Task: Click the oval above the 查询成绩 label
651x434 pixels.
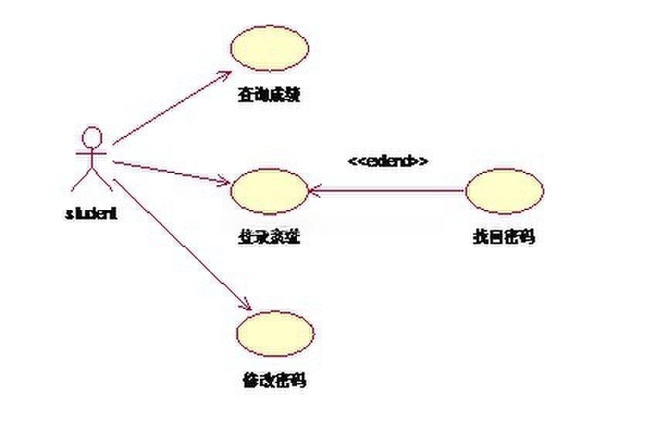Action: (270, 47)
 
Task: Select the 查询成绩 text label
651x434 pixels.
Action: (268, 95)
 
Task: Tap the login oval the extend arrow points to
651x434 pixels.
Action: (269, 191)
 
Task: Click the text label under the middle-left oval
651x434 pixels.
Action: (268, 238)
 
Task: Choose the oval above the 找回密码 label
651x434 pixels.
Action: (505, 190)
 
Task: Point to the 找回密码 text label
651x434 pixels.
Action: (503, 238)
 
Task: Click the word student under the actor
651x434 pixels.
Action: (91, 214)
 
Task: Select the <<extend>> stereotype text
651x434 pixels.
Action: (388, 161)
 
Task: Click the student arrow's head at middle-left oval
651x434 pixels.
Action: (226, 184)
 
